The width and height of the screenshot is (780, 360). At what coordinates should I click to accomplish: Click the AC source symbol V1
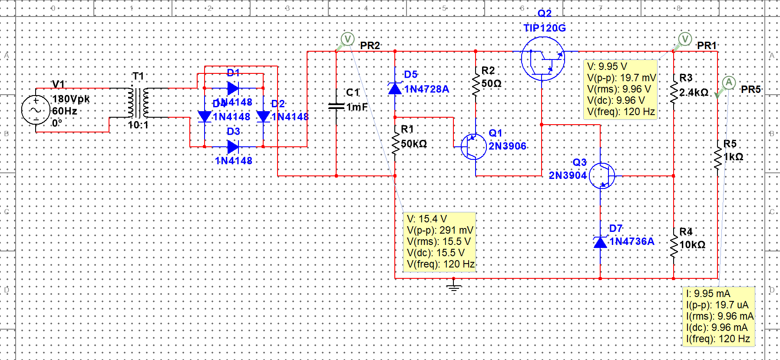(36, 110)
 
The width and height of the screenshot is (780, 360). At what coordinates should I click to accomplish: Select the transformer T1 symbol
(138, 103)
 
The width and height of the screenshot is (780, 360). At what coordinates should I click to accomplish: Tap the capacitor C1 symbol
(337, 106)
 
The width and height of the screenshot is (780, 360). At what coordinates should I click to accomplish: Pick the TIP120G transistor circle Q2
(542, 59)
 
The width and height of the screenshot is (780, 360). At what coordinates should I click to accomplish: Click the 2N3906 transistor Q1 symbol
(473, 146)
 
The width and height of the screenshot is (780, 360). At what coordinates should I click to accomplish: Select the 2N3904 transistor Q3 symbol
(602, 175)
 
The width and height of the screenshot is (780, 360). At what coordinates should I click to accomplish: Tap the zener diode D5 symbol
(395, 89)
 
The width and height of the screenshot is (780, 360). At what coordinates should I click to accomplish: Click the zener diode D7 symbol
(600, 242)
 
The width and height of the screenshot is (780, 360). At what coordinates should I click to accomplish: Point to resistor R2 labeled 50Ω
(476, 83)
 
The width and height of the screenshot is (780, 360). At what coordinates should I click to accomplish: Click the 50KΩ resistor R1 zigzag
(395, 143)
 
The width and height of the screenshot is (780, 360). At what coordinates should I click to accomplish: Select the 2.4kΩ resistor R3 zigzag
(674, 92)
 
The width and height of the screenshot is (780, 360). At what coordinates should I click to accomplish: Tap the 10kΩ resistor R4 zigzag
(674, 245)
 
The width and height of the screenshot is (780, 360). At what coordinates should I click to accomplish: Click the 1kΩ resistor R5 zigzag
(718, 157)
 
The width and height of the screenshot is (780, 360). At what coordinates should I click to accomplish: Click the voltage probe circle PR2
(347, 39)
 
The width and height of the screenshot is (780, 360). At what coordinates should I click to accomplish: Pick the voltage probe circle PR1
(685, 39)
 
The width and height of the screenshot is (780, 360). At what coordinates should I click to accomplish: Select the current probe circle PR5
(729, 83)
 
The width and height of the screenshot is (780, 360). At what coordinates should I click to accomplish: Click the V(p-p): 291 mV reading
(440, 230)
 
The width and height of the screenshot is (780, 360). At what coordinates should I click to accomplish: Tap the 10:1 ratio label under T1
(138, 125)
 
